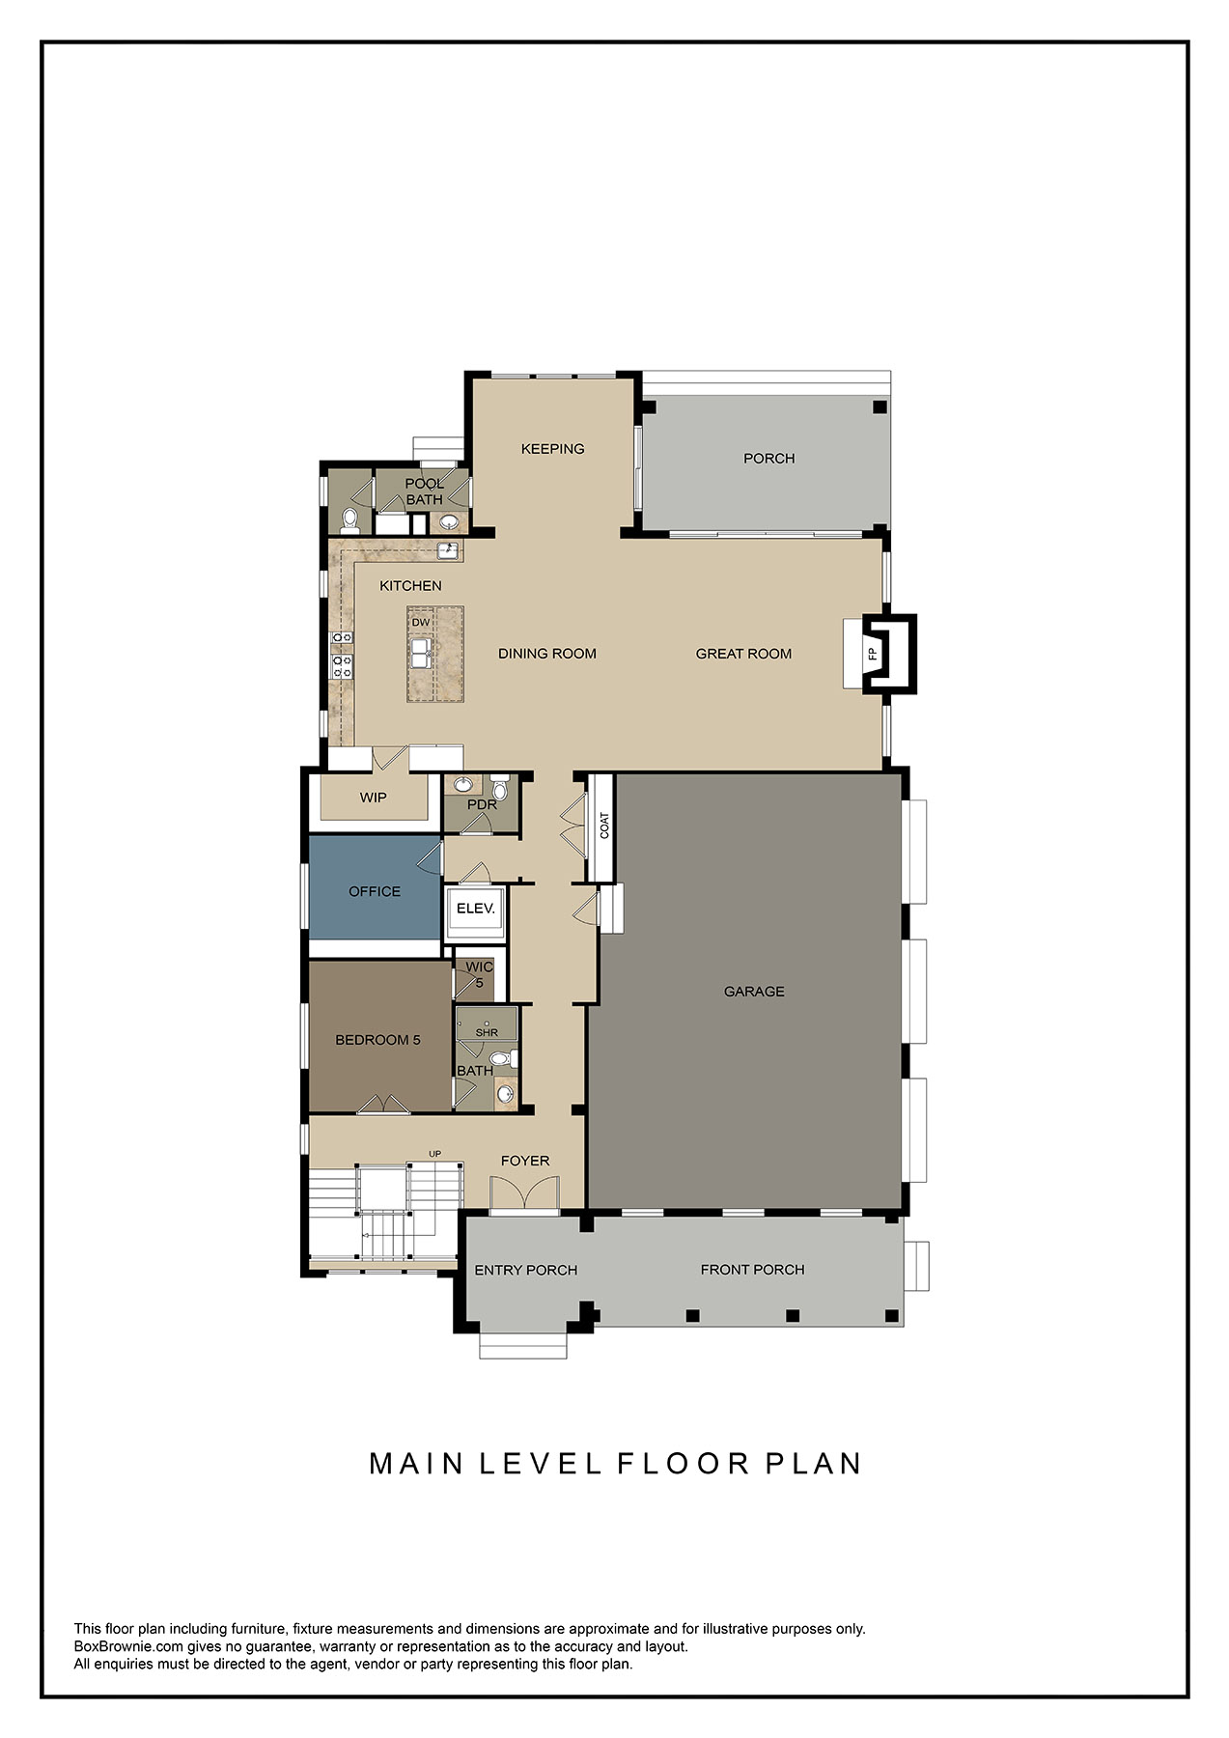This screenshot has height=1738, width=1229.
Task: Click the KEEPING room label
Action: [x=552, y=449]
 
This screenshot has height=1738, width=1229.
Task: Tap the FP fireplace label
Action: [x=872, y=654]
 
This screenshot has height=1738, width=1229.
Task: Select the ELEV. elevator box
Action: [x=475, y=910]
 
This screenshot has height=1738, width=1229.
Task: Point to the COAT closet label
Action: [x=604, y=826]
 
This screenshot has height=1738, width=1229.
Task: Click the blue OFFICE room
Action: [x=375, y=891]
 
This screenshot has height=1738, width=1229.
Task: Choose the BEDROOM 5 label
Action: [x=377, y=1040]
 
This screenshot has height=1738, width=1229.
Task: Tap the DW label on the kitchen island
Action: [x=421, y=623]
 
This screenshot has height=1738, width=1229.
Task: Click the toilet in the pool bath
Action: [x=349, y=521]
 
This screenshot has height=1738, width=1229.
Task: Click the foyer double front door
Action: [x=523, y=1194]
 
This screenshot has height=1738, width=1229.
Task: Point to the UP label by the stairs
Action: [x=434, y=1154]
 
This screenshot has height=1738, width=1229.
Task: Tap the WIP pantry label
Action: [x=373, y=798]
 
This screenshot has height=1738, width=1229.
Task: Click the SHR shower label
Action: [x=487, y=1032]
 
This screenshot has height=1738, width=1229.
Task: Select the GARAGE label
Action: [x=754, y=992]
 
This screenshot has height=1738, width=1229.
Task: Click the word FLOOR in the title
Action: [x=684, y=1463]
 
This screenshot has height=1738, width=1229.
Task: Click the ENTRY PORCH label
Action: [x=525, y=1270]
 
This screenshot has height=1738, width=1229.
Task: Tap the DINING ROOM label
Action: [x=546, y=654]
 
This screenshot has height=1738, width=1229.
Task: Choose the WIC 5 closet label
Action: [x=479, y=973]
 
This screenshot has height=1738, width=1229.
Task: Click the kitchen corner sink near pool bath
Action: [x=449, y=551]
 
